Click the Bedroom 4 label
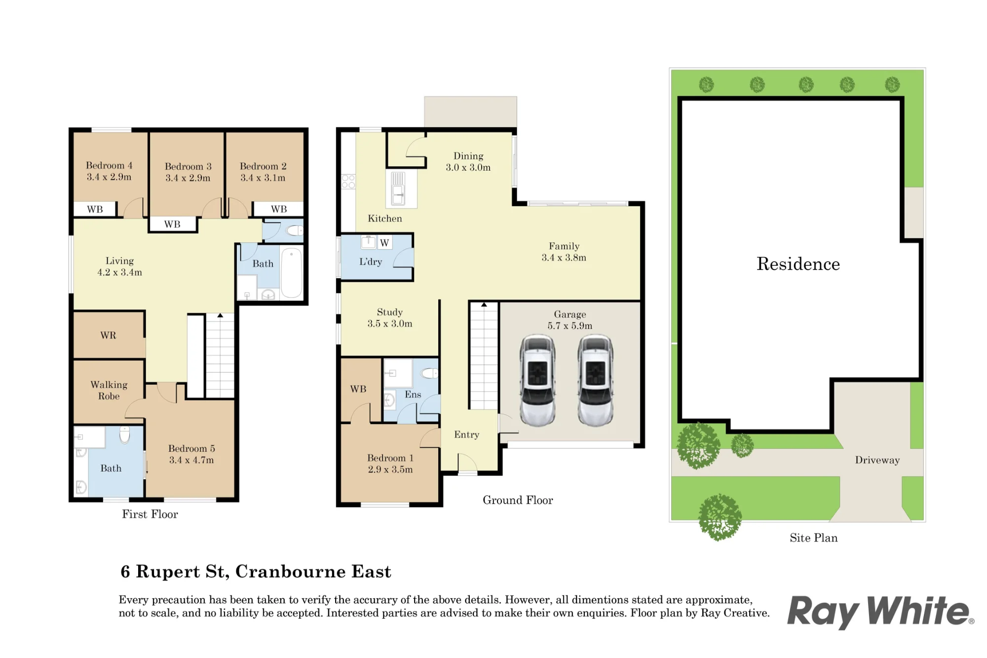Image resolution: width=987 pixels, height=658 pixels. coord(109,171)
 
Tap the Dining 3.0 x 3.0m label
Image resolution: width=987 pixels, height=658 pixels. coord(468,162)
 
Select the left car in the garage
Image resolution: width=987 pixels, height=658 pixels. coord(537,380)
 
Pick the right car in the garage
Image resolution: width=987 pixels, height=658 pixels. coord(596,380)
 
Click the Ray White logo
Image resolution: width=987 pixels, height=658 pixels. coord(880,612)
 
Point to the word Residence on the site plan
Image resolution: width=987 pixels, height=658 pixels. coord(798,264)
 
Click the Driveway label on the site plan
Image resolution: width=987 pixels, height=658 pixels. coord(877,460)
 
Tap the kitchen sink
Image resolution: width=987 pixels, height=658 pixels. coord(398,188)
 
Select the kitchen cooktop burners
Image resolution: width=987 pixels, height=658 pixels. coord(348,181)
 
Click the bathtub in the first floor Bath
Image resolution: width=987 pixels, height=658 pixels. coord(292,273)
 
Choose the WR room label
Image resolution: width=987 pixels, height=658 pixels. coord(108,335)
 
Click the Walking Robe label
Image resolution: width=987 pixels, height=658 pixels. coord(109,390)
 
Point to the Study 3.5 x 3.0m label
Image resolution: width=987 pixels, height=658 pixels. coord(390,318)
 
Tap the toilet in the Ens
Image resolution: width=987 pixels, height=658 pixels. coord(430,373)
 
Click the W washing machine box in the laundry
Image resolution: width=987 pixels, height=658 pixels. coord(384,243)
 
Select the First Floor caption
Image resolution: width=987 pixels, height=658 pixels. coord(150,514)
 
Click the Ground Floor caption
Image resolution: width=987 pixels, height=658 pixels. coord(518,500)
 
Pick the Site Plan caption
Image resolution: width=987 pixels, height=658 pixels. coord(814,538)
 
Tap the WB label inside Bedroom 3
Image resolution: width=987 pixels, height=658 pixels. coord(172,224)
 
